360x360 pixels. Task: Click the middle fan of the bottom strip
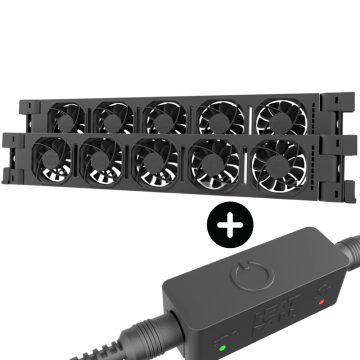pyautogui.click(x=155, y=159)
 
